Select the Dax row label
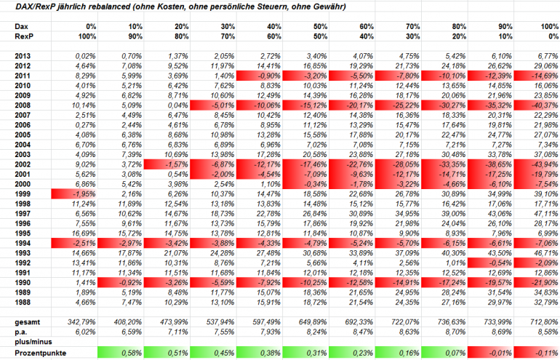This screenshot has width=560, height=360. [21, 26]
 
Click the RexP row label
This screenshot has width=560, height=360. [24, 36]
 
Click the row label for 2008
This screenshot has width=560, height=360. [23, 105]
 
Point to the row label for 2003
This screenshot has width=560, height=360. [23, 155]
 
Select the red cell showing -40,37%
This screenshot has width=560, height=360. [537, 105]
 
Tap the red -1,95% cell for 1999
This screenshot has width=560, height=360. [74, 194]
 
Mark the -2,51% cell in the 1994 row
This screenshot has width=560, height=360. [74, 243]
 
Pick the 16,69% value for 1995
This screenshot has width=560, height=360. [84, 233]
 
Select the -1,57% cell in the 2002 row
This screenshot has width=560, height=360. [167, 164]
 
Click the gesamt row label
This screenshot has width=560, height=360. [28, 322]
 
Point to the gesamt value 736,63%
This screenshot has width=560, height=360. [451, 322]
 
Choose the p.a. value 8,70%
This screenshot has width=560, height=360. [455, 332]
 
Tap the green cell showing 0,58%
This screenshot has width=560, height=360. [121, 353]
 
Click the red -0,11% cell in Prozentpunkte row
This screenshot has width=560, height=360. [537, 353]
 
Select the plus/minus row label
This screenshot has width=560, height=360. [33, 342]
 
